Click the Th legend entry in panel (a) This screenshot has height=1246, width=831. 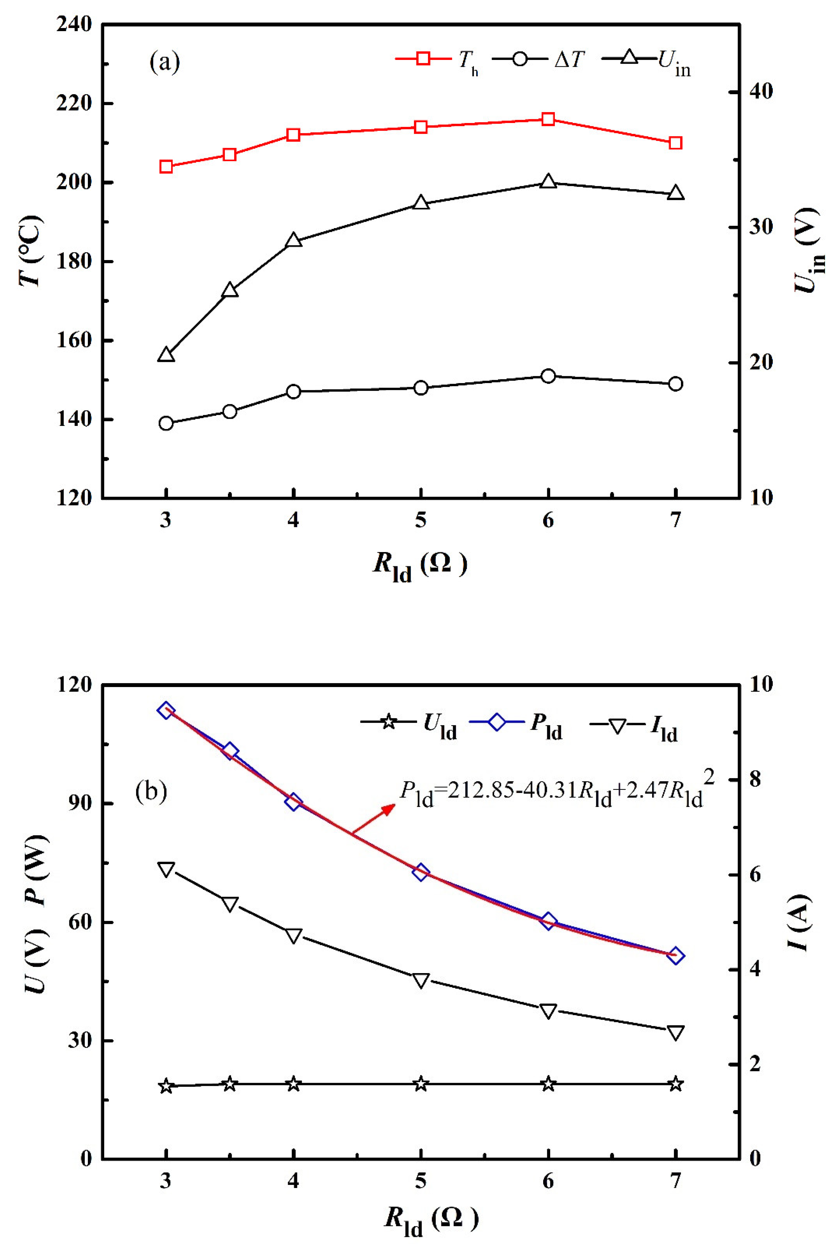pyautogui.click(x=437, y=59)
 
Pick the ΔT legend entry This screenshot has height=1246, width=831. pyautogui.click(x=541, y=59)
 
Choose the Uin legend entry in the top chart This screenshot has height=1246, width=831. pyautogui.click(x=646, y=59)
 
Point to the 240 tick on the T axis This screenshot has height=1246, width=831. pyautogui.click(x=74, y=24)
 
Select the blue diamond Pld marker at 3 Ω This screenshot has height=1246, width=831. pyautogui.click(x=166, y=710)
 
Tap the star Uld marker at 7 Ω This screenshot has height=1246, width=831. pyautogui.click(x=675, y=1084)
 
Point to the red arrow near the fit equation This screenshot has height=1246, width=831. pyautogui.click(x=374, y=819)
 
